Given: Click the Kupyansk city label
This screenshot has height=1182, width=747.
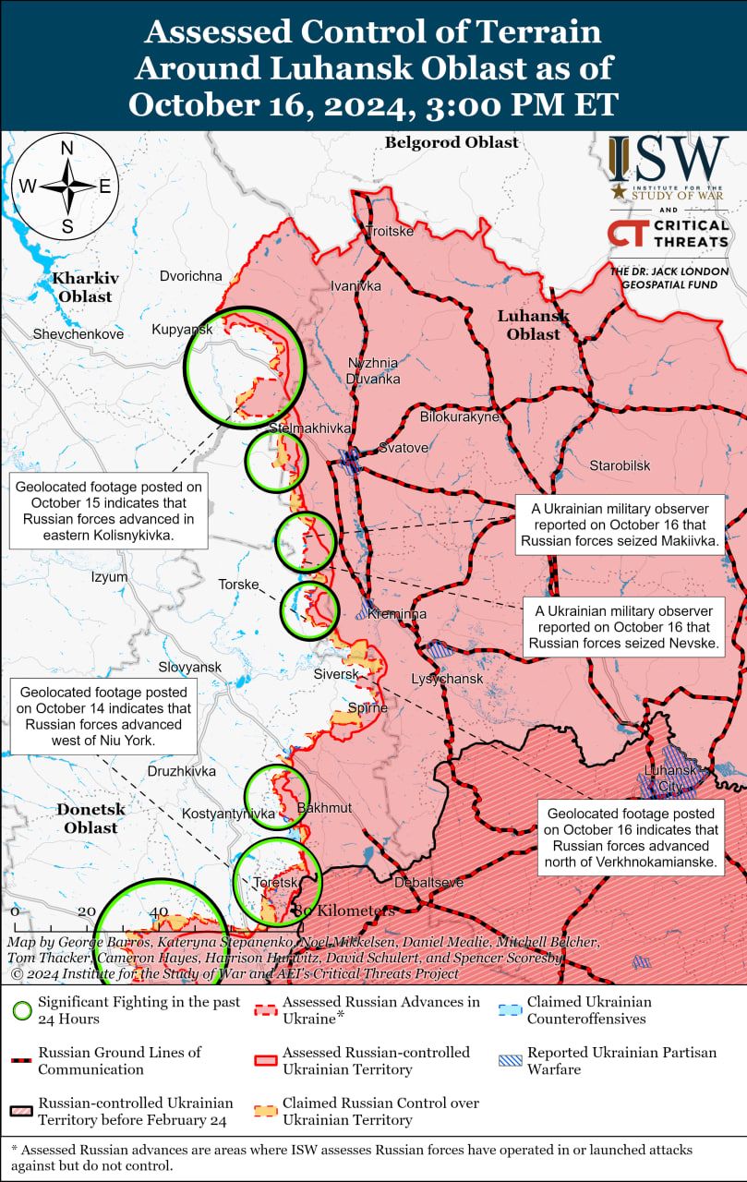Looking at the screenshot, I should tap(183, 330).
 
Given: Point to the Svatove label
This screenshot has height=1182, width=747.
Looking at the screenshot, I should tap(404, 448).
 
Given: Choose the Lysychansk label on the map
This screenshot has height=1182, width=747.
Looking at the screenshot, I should tap(447, 679).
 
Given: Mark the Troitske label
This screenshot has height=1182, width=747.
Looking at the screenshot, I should tap(390, 231).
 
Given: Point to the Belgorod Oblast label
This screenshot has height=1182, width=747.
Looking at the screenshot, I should tap(452, 142).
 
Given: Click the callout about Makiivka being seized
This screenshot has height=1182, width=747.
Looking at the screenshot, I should tap(619, 525).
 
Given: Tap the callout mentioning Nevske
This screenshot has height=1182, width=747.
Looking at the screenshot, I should tap(624, 627).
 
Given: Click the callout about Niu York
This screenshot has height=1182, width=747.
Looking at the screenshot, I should tap(103, 714).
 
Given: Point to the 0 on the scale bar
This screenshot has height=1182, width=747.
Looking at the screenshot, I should tap(15, 911).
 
